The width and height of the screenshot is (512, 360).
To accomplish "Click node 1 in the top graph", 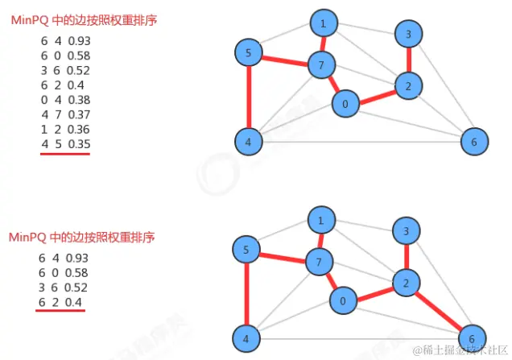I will pyautogui.click(x=323, y=24).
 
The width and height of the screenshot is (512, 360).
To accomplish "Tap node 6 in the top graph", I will pyautogui.click(x=474, y=142).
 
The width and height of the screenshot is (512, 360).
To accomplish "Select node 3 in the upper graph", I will pyautogui.click(x=409, y=35).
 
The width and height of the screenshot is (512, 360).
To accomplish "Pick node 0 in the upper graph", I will pyautogui.click(x=345, y=104).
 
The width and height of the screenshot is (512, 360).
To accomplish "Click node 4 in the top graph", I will pyautogui.click(x=249, y=142).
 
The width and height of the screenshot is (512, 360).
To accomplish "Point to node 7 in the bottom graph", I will pyautogui.click(x=320, y=262).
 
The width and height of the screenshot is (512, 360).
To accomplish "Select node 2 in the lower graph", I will pyautogui.click(x=407, y=283).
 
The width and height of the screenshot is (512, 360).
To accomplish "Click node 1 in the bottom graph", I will pyautogui.click(x=321, y=220).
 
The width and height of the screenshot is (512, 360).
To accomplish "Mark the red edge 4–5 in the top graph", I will pyautogui.click(x=249, y=98).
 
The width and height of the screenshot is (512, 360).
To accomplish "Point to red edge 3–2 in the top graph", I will pyautogui.click(x=409, y=60).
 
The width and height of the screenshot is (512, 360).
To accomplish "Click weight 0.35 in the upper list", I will pyautogui.click(x=79, y=143).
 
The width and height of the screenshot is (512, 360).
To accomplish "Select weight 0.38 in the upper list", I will pyautogui.click(x=79, y=100).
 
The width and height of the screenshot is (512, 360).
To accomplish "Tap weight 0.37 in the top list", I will pyautogui.click(x=79, y=114).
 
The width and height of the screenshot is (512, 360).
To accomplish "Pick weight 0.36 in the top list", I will pyautogui.click(x=79, y=129).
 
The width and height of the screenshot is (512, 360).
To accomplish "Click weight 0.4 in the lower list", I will pyautogui.click(x=75, y=302).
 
